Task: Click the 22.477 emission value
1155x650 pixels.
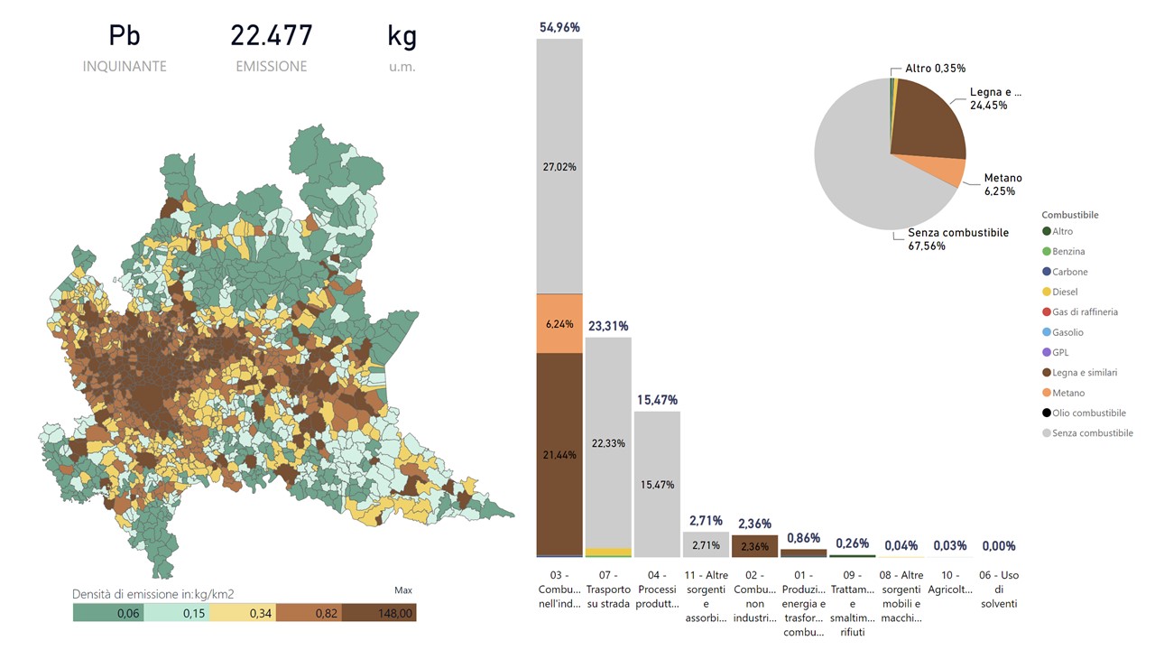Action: (x=272, y=36)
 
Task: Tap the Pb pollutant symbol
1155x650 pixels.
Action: (x=125, y=36)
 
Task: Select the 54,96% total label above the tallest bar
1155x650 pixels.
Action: (x=559, y=28)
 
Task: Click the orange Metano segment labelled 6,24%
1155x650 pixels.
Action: (x=559, y=323)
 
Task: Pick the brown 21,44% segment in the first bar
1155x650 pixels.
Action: (x=559, y=453)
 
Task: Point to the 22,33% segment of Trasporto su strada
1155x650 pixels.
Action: (x=608, y=442)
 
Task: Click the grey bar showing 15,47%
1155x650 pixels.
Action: (x=657, y=484)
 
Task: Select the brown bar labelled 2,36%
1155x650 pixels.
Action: (x=754, y=546)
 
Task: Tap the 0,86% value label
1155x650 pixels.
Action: (x=803, y=538)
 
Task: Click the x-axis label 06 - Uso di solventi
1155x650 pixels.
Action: (x=998, y=589)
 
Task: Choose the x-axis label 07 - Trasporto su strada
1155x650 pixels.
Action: (x=608, y=589)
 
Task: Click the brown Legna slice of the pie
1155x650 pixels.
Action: (x=925, y=117)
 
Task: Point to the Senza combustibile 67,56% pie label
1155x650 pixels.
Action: (x=956, y=239)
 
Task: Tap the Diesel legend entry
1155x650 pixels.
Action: (x=1065, y=292)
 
